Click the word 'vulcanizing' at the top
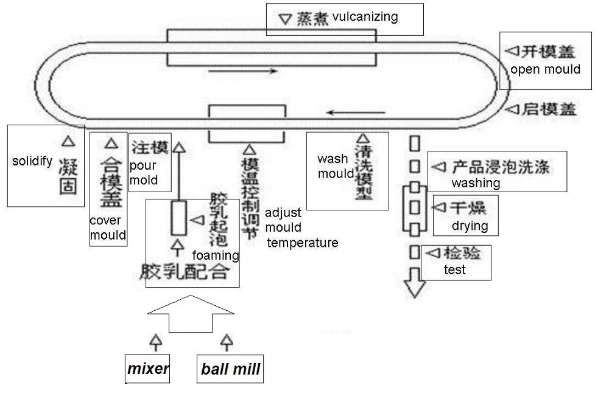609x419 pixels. (365, 16)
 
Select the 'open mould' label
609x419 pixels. (545, 69)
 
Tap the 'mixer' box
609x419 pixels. (148, 368)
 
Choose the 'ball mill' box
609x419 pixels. (231, 369)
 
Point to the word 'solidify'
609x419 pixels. (32, 161)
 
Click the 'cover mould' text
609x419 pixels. (108, 228)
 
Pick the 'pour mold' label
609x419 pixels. (144, 173)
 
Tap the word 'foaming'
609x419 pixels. (215, 255)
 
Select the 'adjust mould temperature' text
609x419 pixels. (301, 228)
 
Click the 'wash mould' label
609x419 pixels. (334, 166)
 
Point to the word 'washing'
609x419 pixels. (476, 182)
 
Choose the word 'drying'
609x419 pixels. (470, 226)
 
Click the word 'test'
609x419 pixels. (455, 269)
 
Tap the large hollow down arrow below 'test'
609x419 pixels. (415, 283)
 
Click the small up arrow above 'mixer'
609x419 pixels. (156, 341)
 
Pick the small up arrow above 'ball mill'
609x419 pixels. (227, 341)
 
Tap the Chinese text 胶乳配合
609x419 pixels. (184, 271)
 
